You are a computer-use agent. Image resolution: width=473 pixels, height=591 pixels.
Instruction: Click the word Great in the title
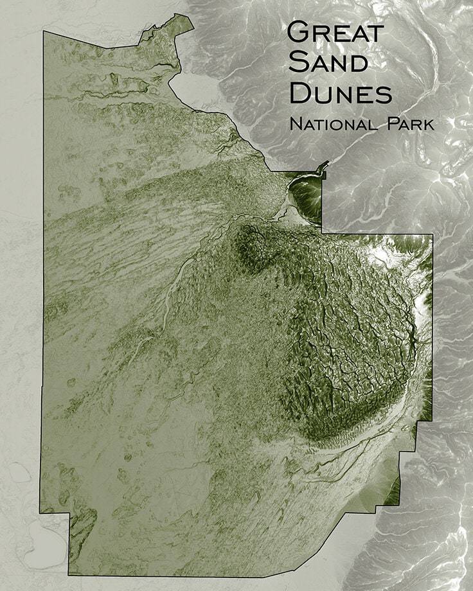point(335,31)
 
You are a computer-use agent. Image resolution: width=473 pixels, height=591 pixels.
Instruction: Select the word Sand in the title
point(328,63)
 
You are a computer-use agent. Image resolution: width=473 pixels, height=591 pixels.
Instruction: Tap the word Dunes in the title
point(340,94)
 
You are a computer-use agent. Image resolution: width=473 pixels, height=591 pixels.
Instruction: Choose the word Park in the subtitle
point(409,123)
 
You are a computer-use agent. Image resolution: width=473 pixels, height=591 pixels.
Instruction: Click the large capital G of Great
point(299,31)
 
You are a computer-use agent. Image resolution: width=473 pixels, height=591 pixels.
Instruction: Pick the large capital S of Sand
point(298,63)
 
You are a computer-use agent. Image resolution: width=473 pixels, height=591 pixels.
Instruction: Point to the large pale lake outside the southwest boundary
point(45,540)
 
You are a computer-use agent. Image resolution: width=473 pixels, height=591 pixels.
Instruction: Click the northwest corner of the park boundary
point(44,31)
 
